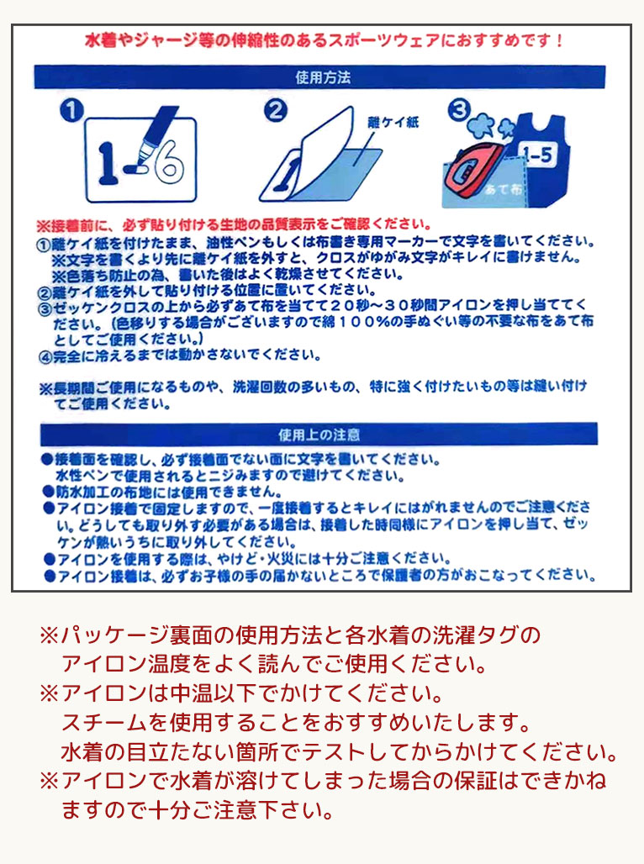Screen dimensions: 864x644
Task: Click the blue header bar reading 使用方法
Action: click(323, 76)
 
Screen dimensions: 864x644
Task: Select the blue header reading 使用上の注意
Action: click(319, 435)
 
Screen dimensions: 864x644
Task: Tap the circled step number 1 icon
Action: click(73, 110)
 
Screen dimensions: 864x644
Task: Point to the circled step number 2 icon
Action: click(276, 110)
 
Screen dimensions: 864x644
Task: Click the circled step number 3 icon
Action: click(459, 110)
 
